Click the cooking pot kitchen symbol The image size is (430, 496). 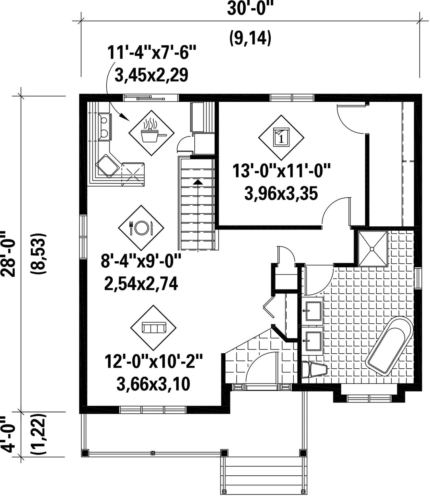[152, 133]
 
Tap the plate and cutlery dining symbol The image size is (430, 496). [141, 228]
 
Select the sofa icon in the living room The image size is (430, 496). [154, 327]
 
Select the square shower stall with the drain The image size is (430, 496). [373, 249]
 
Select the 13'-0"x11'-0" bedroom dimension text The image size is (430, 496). [281, 171]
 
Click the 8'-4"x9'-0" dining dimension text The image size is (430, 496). [141, 261]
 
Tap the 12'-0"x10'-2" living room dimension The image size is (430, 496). [154, 362]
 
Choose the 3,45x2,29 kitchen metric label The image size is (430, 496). [151, 75]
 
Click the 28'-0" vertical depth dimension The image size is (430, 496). [9, 254]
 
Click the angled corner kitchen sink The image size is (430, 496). [108, 166]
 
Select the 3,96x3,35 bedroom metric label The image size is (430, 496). [281, 193]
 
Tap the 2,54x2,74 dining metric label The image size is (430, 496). [141, 284]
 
